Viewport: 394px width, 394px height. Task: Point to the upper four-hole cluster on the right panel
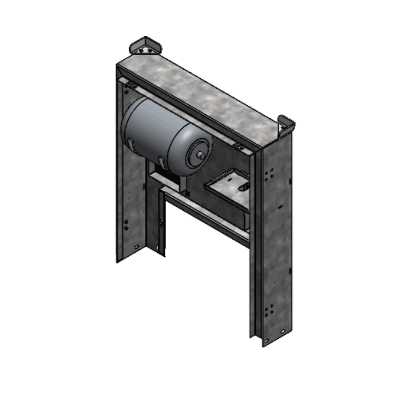pyautogui.click(x=269, y=175)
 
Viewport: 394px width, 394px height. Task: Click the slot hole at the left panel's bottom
pyautogui.click(x=136, y=246)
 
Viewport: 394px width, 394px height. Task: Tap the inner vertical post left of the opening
pyautogui.click(x=160, y=223)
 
